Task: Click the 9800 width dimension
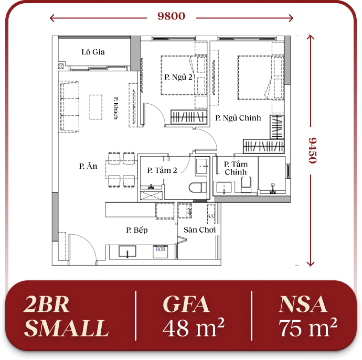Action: point(172,16)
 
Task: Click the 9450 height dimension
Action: point(313,150)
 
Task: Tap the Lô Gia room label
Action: point(93,52)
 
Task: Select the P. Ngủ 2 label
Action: point(178,77)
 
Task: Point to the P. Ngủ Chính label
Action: point(238,118)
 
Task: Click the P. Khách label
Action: point(115,108)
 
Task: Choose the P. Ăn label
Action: point(88,166)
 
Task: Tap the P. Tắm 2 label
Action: point(162,170)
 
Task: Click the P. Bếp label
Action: point(137,230)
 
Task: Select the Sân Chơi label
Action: point(200,230)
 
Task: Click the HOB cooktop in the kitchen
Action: point(160,252)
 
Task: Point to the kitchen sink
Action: point(127,252)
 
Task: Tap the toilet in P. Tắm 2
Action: point(198,187)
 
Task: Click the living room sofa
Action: point(69,106)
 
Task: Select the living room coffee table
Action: point(96,107)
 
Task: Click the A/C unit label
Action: point(211,216)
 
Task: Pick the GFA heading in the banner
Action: point(186,304)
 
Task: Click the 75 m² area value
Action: point(308,328)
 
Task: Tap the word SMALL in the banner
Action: point(67,328)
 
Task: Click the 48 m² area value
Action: point(194,328)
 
